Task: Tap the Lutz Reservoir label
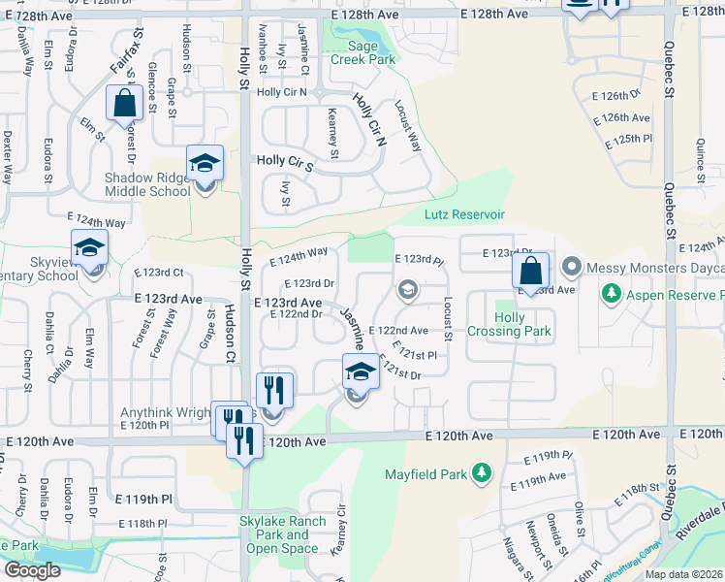click(x=464, y=213)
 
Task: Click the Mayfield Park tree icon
click(x=481, y=473)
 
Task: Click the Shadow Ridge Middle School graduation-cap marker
click(x=205, y=166)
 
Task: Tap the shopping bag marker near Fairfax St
click(x=125, y=103)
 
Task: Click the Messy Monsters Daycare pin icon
click(x=571, y=265)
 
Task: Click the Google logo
click(x=32, y=570)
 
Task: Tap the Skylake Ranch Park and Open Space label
click(x=283, y=534)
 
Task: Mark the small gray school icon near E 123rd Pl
click(x=408, y=288)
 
